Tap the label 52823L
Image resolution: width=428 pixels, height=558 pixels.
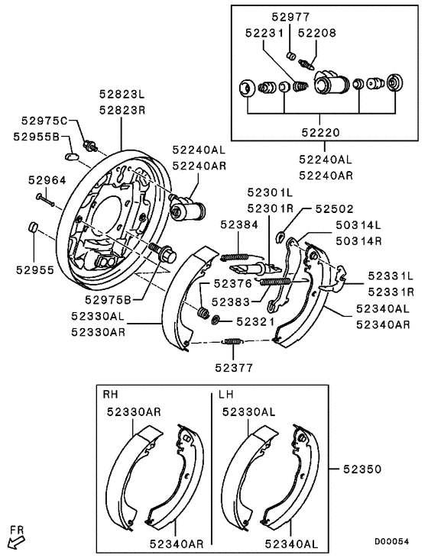coord(121,95)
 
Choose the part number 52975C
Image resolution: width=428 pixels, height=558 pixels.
coord(45,121)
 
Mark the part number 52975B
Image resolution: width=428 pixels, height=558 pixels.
coord(108,299)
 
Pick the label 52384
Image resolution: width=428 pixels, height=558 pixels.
coord(239,224)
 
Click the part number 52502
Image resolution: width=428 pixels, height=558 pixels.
coord(335,207)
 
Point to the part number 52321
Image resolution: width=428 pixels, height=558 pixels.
coord(255,322)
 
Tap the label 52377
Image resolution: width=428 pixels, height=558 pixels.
coord(233,366)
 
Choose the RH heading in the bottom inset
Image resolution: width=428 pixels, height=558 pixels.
coord(111,395)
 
